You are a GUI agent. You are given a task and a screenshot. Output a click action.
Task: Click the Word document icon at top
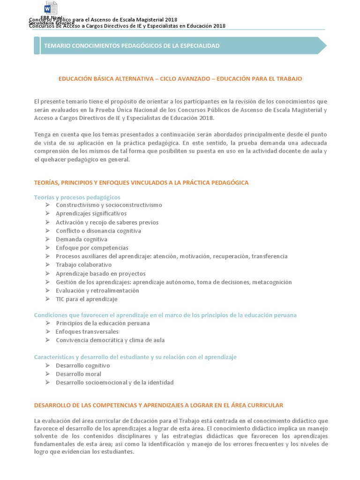point(51,8)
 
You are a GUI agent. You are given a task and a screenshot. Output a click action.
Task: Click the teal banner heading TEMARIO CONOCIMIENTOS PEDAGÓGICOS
point(131,46)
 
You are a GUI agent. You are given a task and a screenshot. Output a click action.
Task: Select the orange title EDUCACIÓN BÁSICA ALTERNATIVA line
point(180,79)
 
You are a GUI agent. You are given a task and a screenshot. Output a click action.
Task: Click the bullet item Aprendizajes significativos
point(91,214)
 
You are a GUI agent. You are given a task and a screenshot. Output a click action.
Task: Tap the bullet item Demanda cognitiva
point(82,239)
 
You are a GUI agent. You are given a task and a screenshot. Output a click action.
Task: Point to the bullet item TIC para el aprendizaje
point(86,299)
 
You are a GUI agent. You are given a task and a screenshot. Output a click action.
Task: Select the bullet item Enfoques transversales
point(87,332)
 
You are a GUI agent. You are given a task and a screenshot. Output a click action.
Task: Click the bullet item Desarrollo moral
point(78,374)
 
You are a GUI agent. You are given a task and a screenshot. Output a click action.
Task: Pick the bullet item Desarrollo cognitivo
point(82,366)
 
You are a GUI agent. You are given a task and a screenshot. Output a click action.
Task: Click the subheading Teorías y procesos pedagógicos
point(77,197)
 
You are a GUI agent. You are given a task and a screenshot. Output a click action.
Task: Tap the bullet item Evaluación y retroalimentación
point(97,291)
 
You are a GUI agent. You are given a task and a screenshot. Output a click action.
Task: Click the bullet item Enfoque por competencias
point(92,247)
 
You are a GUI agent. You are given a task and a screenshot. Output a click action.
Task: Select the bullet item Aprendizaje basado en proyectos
point(100,274)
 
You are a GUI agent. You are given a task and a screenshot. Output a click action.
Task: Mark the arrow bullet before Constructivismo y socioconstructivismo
point(47,205)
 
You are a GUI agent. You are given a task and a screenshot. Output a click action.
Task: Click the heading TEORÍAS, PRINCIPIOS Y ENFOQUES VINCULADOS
point(141,182)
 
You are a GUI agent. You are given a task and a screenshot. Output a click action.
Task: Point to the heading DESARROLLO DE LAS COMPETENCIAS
point(158,405)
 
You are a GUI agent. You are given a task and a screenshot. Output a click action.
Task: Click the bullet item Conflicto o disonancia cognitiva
point(98,231)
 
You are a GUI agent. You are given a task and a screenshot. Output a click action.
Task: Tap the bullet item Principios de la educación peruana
point(103,323)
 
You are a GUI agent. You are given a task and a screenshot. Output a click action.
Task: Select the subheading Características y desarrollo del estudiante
point(135,357)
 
